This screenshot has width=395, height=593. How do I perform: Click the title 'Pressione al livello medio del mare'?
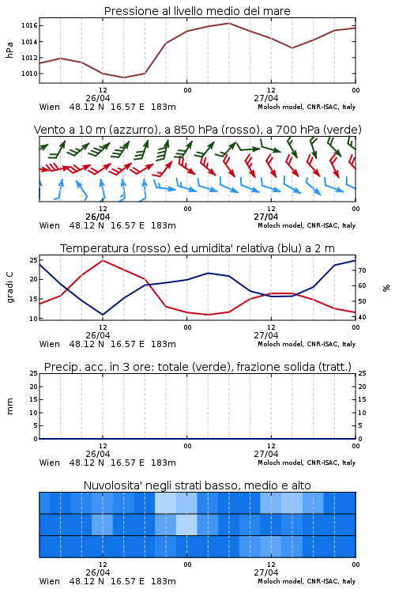coord(197,11)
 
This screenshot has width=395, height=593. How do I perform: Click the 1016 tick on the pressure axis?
coord(29,26)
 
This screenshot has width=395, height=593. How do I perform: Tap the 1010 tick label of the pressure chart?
coord(29,74)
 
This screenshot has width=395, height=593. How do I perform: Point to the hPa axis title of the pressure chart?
coord(9,50)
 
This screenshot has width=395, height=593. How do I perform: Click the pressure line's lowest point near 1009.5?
coord(123,77)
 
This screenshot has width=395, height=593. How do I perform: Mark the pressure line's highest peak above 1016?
coord(229,23)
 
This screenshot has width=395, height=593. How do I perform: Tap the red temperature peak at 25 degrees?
coord(103,260)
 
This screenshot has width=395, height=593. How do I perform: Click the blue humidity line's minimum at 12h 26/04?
coord(103,315)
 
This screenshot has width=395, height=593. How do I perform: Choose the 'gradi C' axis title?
coord(10,288)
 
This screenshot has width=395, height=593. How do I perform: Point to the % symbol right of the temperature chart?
coord(386,288)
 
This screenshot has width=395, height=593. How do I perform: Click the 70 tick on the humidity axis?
coord(362,270)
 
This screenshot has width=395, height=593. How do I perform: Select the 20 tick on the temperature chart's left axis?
coord(34,279)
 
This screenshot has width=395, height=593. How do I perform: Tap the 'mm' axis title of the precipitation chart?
coord(10,406)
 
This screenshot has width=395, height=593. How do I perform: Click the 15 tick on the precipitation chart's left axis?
coord(34,399)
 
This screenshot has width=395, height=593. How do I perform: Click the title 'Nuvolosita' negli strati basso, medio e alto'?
coord(197,485)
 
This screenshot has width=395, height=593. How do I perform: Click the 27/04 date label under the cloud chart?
coord(266,572)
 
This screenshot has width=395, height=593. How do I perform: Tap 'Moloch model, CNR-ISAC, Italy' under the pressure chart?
coord(307,107)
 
